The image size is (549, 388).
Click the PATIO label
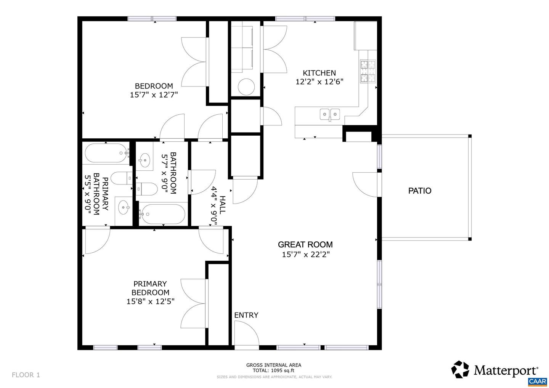pyautogui.click(x=420, y=191)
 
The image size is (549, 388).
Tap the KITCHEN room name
pyautogui.click(x=319, y=73)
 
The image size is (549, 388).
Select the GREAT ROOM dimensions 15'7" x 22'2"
pyautogui.click(x=305, y=254)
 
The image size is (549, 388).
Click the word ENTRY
pyautogui.click(x=246, y=315)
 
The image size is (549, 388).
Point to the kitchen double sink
pyautogui.click(x=330, y=114)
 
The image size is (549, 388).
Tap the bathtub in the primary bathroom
pyautogui.click(x=106, y=153)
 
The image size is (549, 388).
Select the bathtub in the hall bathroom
pyautogui.click(x=162, y=214)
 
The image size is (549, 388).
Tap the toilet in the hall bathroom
pyautogui.click(x=148, y=189)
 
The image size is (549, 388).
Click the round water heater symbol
pyautogui.click(x=246, y=87)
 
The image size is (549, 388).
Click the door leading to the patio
pyautogui.click(x=365, y=185)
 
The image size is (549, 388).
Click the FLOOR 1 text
pyautogui.click(x=26, y=375)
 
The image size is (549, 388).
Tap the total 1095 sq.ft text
pyautogui.click(x=274, y=370)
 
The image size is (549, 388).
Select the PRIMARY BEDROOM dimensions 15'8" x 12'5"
pyautogui.click(x=150, y=301)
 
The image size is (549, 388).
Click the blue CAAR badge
pyautogui.click(x=538, y=382)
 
